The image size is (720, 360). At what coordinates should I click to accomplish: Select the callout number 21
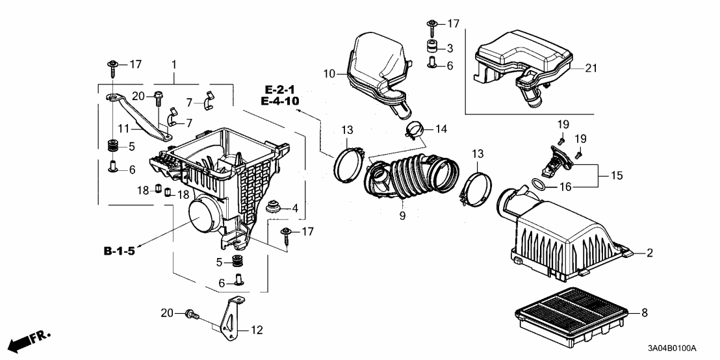tap(589, 67)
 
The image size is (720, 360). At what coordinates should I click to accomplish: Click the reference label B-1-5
tap(118, 251)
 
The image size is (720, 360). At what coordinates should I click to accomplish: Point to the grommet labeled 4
tap(273, 208)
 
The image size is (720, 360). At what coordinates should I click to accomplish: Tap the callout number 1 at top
tap(174, 65)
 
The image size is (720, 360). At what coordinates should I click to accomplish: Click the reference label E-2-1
tap(281, 89)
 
